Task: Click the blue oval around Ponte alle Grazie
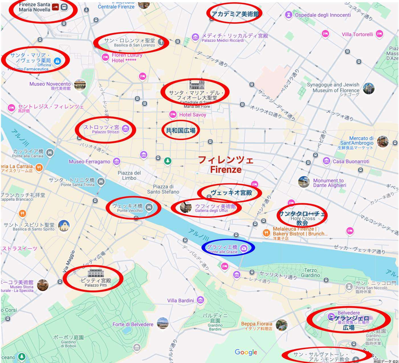click(x=228, y=248)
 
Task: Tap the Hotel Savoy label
click(x=192, y=115)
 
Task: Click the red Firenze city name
click(x=226, y=165)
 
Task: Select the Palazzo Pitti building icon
click(x=95, y=273)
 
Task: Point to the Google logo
click(x=246, y=352)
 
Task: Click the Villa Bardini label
click(x=181, y=301)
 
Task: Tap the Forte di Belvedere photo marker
click(x=163, y=323)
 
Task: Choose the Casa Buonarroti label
click(x=351, y=161)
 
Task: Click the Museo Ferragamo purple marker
click(x=116, y=161)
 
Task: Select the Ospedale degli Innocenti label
click(x=323, y=15)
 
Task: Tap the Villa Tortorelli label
click(x=357, y=34)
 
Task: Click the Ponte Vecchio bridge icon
click(x=148, y=207)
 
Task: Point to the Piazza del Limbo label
click(x=129, y=175)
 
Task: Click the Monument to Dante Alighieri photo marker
click(x=304, y=182)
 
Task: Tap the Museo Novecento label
click(x=50, y=84)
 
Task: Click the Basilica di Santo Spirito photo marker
click(x=64, y=226)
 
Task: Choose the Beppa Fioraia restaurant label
click(x=256, y=324)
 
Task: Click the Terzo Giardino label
click(x=310, y=273)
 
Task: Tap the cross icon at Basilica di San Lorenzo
click(x=161, y=42)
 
